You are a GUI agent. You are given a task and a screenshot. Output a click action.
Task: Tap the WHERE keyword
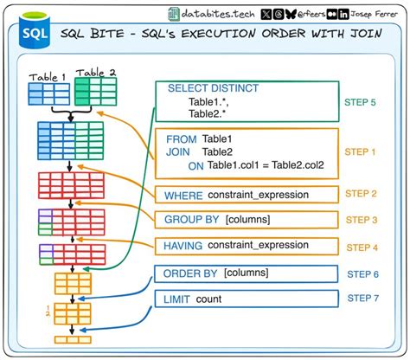(x=182, y=195)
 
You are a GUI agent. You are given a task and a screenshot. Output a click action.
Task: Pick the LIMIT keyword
(x=178, y=299)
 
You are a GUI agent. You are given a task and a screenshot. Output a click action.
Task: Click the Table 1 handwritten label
(x=48, y=76)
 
